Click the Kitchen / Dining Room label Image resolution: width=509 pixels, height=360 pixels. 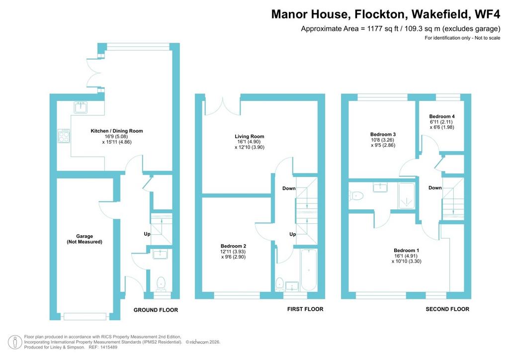point(116,131)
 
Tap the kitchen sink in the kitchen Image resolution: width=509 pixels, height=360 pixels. point(81,107)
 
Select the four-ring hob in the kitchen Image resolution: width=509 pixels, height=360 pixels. point(64,136)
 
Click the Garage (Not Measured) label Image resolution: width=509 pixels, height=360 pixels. point(85,239)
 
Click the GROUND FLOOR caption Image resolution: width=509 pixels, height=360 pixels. point(156,310)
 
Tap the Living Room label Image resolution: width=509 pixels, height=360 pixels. point(250,136)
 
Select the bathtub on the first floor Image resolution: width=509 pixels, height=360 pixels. point(308,270)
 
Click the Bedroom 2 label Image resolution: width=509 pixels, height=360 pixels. point(233,246)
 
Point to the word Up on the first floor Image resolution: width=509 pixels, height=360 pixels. point(292,234)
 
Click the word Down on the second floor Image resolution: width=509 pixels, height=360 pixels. point(435,187)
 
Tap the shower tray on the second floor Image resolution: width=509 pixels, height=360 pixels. point(407,196)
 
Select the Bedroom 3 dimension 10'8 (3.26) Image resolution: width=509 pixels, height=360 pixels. point(382,140)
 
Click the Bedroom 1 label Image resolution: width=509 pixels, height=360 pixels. point(407,250)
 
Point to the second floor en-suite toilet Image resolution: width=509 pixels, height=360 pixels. point(356,196)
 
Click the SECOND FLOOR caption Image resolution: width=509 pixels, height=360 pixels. point(447,309)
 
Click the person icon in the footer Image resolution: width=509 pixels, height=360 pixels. point(15,342)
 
